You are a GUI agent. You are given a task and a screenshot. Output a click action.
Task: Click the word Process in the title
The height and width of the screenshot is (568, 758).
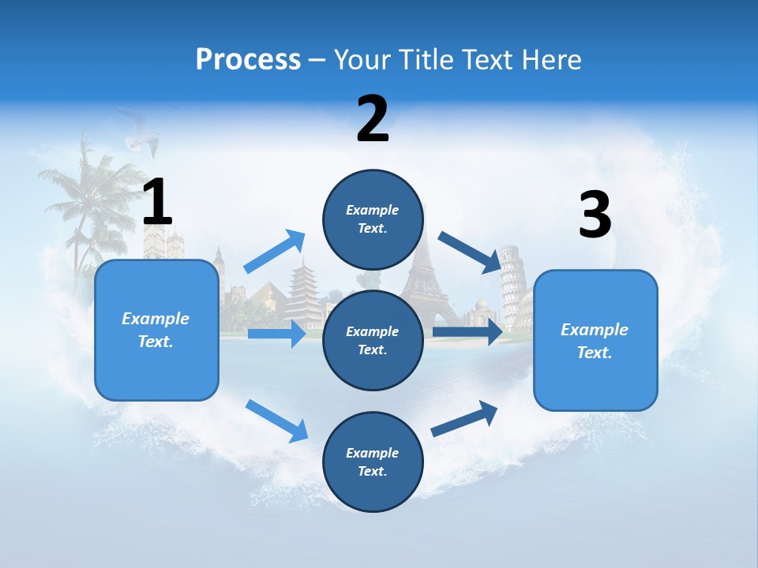(x=248, y=59)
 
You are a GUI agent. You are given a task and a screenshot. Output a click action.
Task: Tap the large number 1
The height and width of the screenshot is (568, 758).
(x=157, y=202)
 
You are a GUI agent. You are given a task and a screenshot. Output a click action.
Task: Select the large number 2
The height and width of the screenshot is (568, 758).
(x=373, y=118)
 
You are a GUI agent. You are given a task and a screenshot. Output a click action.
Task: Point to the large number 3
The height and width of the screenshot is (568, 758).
(x=595, y=215)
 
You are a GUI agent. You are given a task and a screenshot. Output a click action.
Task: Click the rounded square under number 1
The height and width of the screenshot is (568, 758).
(x=156, y=330)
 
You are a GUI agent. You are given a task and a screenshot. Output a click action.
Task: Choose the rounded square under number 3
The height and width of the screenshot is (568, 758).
(x=595, y=340)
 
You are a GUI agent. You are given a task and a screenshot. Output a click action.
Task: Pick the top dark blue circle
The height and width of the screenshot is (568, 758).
(x=373, y=219)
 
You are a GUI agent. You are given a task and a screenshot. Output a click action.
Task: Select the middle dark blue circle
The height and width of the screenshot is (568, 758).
(x=373, y=340)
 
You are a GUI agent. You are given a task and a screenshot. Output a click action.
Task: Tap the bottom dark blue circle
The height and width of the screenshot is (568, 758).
(x=373, y=461)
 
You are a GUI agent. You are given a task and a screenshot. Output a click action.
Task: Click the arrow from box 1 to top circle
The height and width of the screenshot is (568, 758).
(x=275, y=251)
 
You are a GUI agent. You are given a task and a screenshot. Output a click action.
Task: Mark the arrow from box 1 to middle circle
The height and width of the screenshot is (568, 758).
(x=276, y=334)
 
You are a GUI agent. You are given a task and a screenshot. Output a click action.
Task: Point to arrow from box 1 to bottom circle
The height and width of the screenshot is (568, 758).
(x=276, y=420)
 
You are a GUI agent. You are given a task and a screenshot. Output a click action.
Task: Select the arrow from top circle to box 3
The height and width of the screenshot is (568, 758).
(x=469, y=252)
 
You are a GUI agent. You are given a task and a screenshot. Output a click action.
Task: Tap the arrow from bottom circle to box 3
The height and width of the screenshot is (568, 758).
(x=464, y=418)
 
